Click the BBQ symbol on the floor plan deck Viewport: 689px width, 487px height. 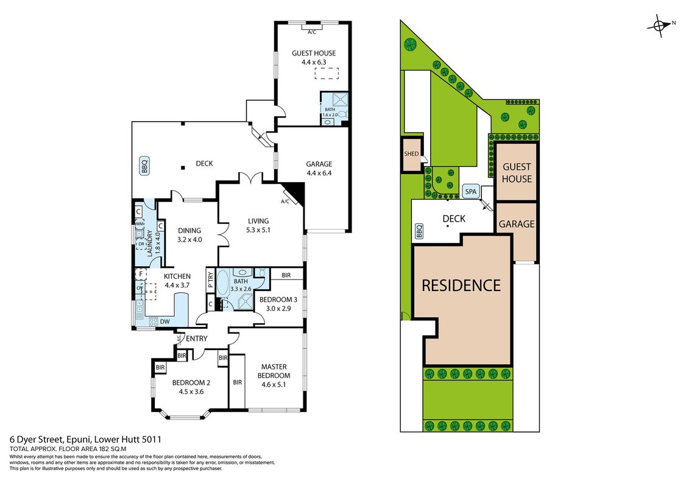click(x=144, y=166)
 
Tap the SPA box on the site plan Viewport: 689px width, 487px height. click(x=471, y=192)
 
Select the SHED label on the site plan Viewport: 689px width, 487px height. click(x=411, y=153)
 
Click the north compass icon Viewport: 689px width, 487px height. click(x=660, y=26)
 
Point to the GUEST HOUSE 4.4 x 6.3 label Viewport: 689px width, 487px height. click(x=314, y=57)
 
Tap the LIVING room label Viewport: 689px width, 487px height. click(x=258, y=221)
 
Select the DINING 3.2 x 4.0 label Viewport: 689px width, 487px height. click(x=189, y=235)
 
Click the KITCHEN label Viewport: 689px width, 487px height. click(x=177, y=276)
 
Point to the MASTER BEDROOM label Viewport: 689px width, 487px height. click(x=274, y=371)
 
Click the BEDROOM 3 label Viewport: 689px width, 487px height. click(x=278, y=300)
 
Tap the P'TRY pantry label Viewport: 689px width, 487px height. click(x=211, y=280)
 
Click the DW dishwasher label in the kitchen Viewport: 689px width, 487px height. click(x=164, y=321)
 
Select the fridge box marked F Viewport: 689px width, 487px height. click(x=141, y=274)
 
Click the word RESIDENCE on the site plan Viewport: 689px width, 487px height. click(x=461, y=286)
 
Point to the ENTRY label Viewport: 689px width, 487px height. click(x=196, y=338)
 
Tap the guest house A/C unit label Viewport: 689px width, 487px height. click(x=312, y=32)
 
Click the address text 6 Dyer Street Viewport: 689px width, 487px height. click(x=37, y=439)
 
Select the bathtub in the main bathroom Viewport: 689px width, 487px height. click(x=223, y=281)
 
